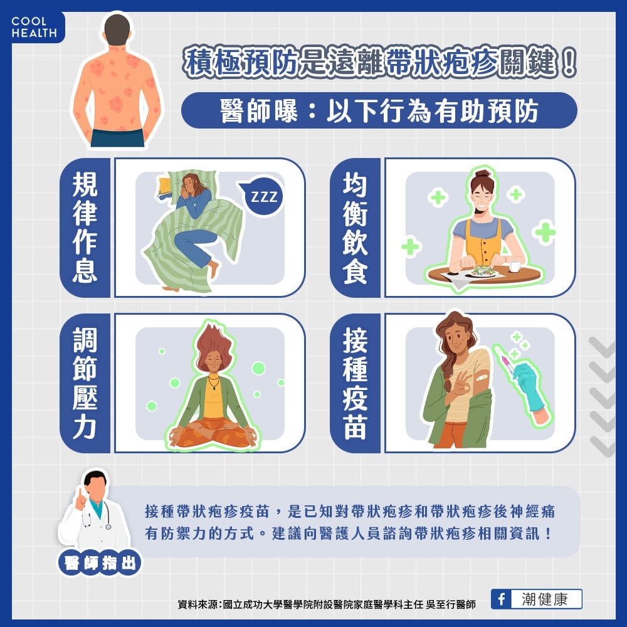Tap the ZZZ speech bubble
coord(263,197)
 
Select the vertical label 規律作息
coord(85,227)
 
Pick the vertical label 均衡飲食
coord(355,227)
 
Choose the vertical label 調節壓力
coord(85,383)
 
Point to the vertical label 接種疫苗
coord(355,383)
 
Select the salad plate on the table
coord(484,271)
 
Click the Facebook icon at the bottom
coord(501,599)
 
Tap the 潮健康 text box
coord(544,599)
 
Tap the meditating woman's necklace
coord(214,382)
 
